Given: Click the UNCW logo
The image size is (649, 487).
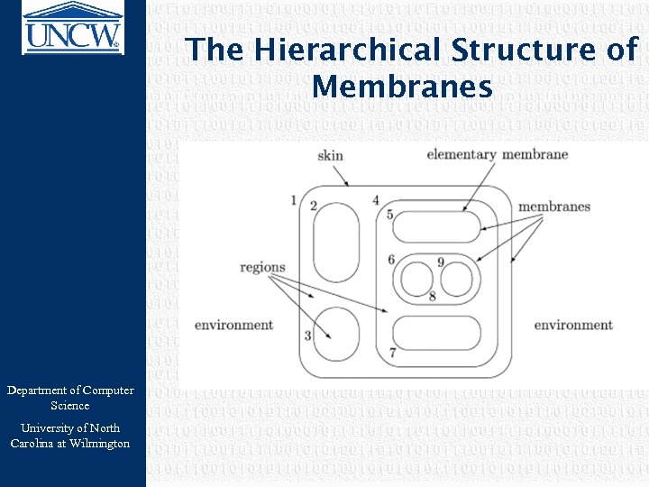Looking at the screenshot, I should tap(72, 27).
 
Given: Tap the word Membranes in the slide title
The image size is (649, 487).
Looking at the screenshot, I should tap(402, 87).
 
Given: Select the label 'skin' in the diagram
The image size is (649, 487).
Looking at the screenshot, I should tap(330, 155).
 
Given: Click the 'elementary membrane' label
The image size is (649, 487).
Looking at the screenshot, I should tap(497, 154).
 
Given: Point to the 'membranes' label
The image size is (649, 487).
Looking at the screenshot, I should tap(554, 207).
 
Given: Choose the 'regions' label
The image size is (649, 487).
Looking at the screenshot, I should tap(262, 267).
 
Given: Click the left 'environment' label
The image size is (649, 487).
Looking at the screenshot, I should tap(233, 325).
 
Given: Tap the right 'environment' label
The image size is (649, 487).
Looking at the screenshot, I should tap(573, 325).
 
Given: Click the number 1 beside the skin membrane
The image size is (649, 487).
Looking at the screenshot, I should tap(294, 199).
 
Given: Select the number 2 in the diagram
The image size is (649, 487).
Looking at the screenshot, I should tap(313, 206).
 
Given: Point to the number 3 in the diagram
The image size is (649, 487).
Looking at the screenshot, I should tap(307, 335).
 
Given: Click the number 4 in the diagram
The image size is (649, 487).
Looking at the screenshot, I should tap(375, 199).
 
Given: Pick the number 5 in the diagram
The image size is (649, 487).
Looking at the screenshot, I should tap(389, 215).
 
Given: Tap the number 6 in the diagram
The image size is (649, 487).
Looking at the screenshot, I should tap(391, 260).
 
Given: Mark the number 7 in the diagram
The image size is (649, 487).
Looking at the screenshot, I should tap(392, 353).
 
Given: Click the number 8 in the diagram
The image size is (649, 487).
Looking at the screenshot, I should tap(433, 296).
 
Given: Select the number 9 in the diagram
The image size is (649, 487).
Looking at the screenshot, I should tap(441, 262).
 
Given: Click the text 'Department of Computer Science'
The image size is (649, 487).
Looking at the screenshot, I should tap(70, 398).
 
